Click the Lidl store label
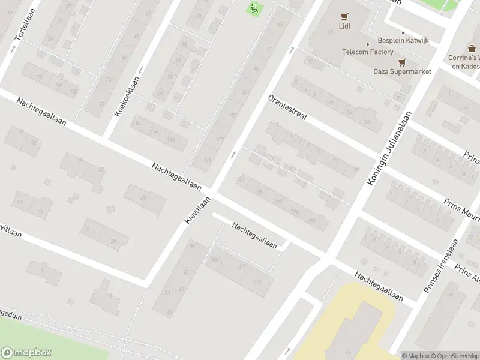point(344,26)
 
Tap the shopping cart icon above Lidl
point(344,16)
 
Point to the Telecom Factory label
point(368,52)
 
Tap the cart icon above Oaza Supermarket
point(402,61)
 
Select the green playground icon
point(254,8)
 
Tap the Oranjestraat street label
point(287,107)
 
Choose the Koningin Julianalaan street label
point(391,147)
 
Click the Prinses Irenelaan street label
point(441,266)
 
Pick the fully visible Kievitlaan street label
point(198,211)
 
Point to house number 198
point(311,221)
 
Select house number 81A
point(217,259)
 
